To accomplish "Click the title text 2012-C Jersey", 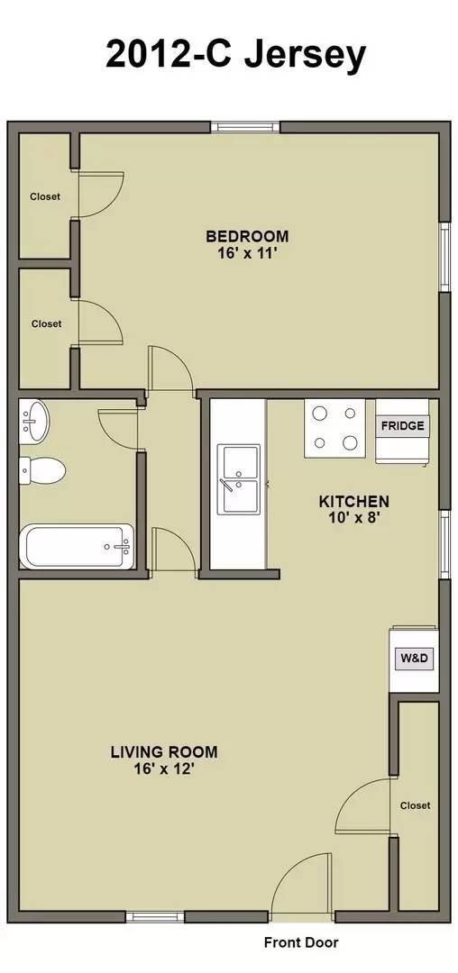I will (235, 54).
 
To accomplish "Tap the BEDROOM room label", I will (247, 237).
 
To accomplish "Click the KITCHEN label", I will (354, 502).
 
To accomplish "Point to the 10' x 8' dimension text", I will (354, 518).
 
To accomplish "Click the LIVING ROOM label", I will (164, 751).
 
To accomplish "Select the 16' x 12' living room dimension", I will (164, 768).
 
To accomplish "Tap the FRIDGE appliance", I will (402, 426).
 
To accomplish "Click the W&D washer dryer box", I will (414, 659).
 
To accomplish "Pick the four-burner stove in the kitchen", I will (334, 428).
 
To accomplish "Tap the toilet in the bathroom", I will (43, 468).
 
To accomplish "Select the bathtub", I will (78, 546).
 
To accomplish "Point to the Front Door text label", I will (301, 943).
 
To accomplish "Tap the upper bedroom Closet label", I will (45, 196).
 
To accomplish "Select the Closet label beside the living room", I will (415, 805).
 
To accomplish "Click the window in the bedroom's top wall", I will (245, 127).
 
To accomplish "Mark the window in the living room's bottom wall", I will (154, 917).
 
